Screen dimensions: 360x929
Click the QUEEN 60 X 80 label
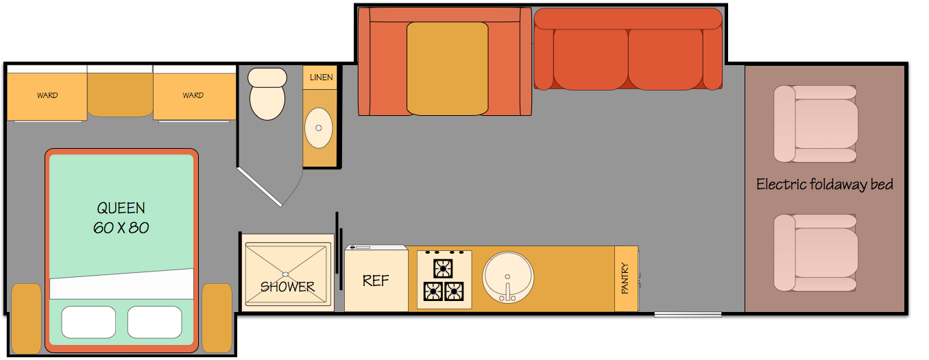[121, 217]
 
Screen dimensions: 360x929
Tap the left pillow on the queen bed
[88, 322]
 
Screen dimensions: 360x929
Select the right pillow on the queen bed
[154, 322]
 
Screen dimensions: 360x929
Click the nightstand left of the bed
[27, 318]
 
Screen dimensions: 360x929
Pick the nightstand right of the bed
[217, 318]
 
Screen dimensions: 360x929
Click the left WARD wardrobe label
[47, 95]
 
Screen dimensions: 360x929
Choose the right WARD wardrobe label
[193, 95]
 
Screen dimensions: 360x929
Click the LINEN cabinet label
[321, 77]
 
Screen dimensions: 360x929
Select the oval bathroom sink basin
[319, 128]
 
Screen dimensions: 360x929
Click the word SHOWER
[287, 287]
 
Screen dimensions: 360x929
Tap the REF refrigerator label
[375, 280]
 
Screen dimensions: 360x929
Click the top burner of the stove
[443, 267]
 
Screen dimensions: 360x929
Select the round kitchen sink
[508, 277]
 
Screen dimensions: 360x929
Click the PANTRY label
[625, 279]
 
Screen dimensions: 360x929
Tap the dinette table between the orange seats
[447, 68]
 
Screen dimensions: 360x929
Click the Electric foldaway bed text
[824, 184]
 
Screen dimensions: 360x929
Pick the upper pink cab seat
[816, 123]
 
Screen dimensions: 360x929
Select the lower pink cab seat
[816, 252]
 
